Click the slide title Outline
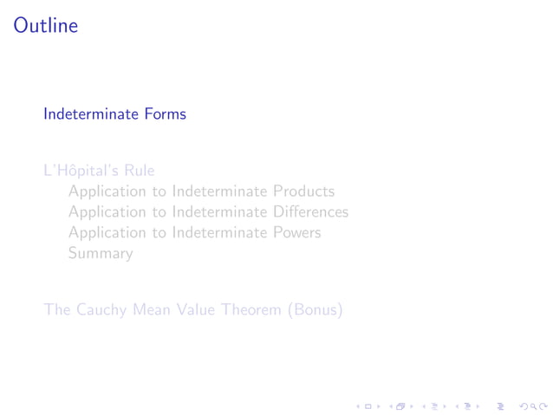46,26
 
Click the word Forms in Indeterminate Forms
165,113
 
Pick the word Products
303,191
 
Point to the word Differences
310,212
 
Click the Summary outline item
101,254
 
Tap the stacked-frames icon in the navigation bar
400,404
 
